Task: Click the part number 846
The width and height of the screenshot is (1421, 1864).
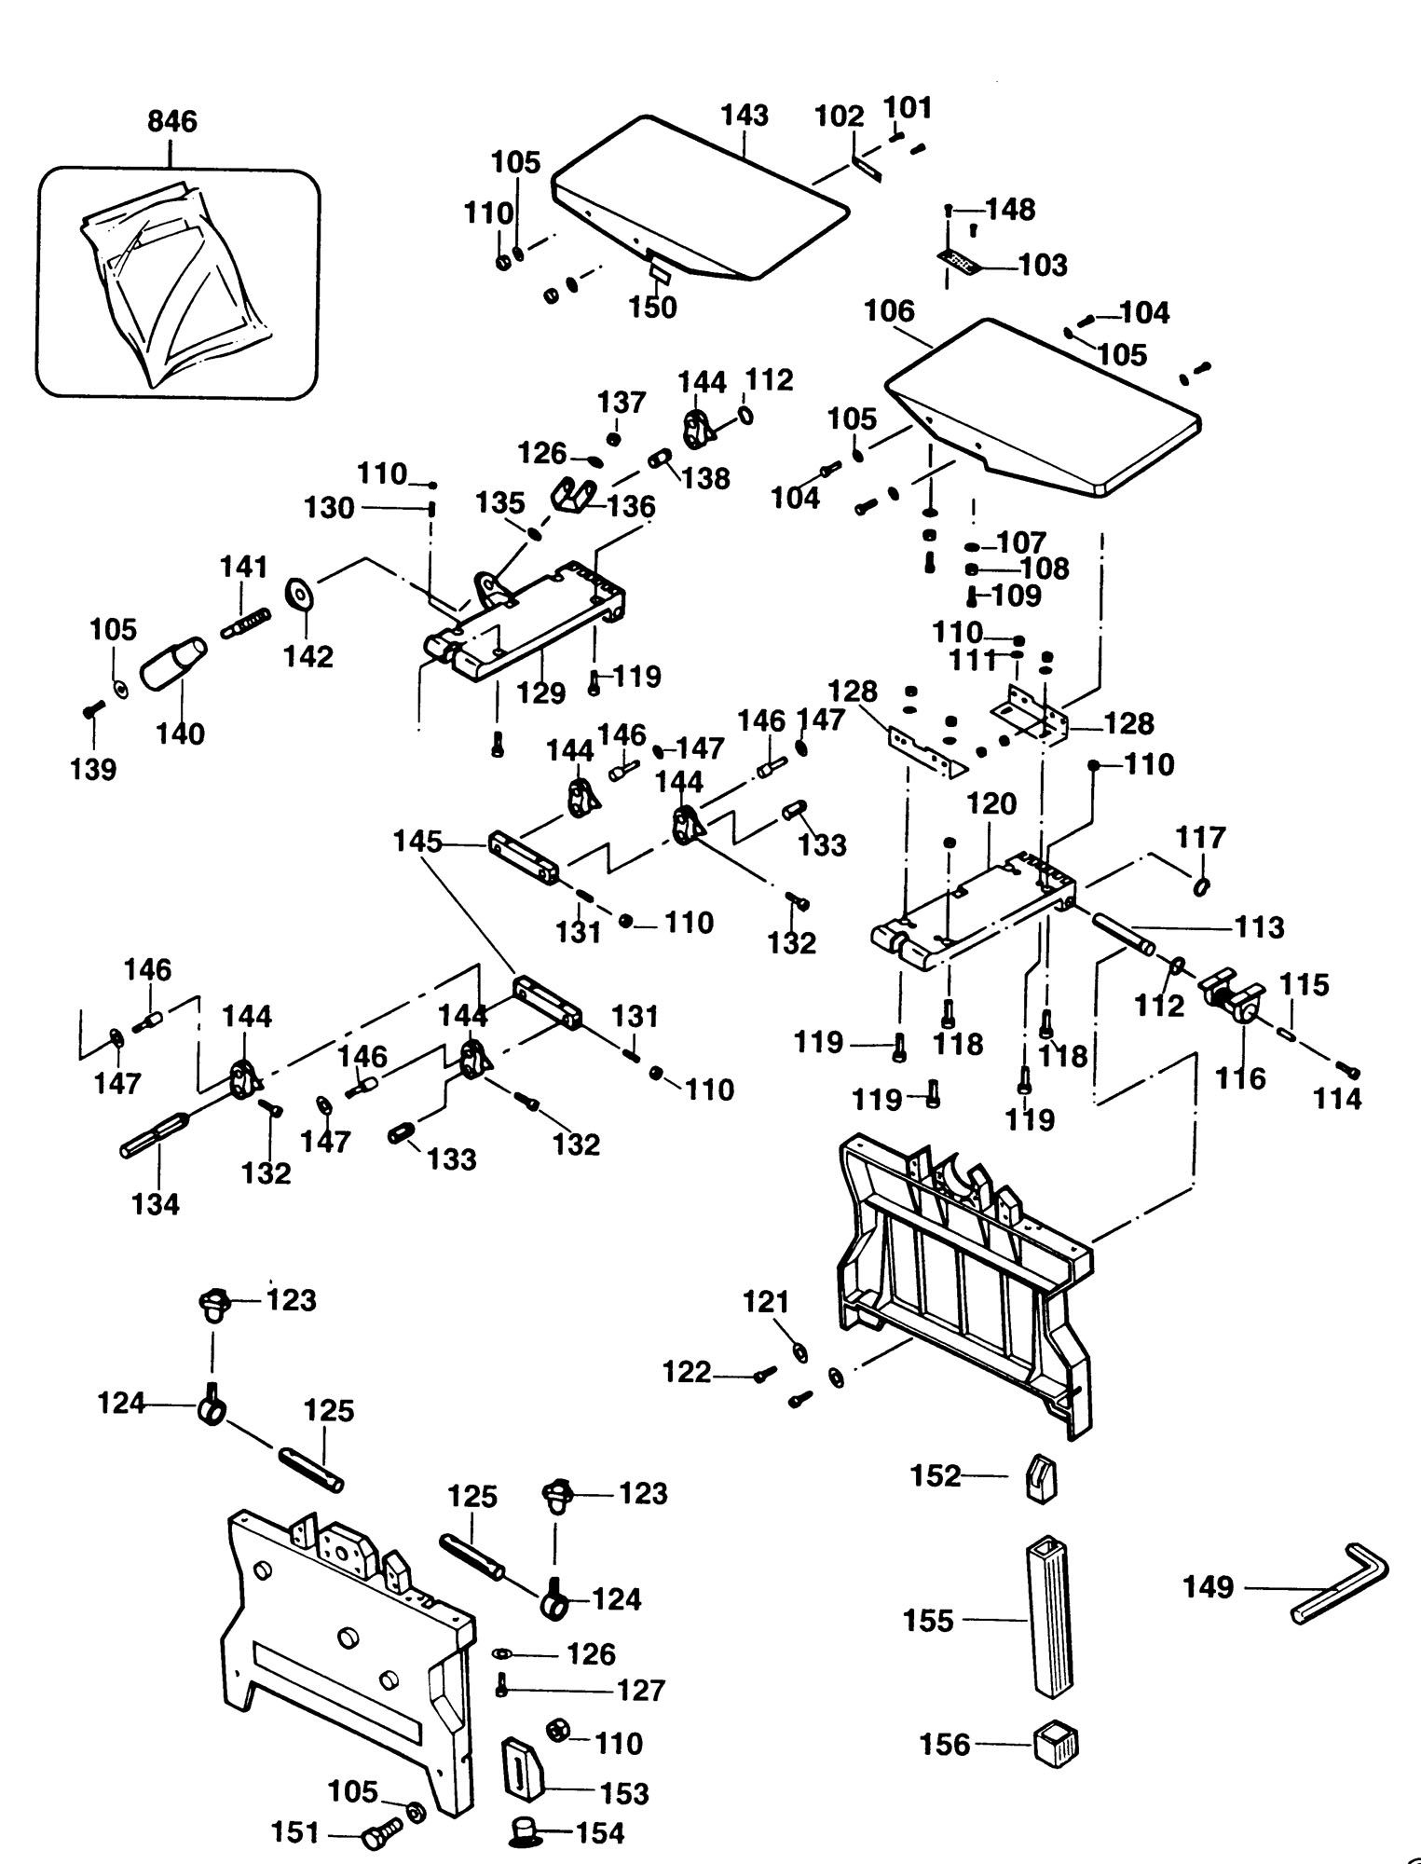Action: [x=172, y=122]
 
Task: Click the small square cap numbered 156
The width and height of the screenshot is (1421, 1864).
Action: [x=1056, y=1744]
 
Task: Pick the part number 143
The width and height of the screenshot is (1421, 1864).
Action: [x=745, y=116]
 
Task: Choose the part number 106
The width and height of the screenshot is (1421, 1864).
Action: [x=890, y=311]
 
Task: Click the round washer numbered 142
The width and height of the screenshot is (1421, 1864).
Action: [x=300, y=593]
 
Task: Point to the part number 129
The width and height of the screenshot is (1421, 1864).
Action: [x=541, y=693]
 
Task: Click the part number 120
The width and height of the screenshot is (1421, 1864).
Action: [x=991, y=803]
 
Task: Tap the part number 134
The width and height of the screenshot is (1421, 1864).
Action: [x=156, y=1204]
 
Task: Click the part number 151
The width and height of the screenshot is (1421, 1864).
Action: [x=294, y=1832]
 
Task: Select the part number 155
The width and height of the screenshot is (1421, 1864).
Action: [x=929, y=1621]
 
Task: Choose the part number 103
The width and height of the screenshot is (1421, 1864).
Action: [x=1043, y=266]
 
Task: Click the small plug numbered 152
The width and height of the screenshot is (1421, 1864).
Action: [x=1041, y=1479]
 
